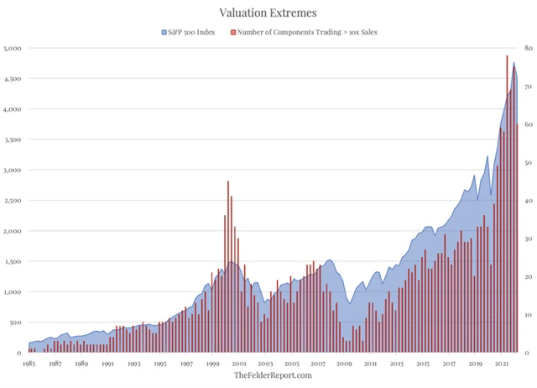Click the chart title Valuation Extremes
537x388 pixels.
click(268, 12)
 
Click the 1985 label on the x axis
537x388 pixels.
click(29, 364)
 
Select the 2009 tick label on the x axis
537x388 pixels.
click(344, 364)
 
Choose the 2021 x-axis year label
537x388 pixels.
click(502, 364)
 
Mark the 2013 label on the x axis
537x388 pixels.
click(396, 364)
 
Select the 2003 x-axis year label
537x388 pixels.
click(265, 364)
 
